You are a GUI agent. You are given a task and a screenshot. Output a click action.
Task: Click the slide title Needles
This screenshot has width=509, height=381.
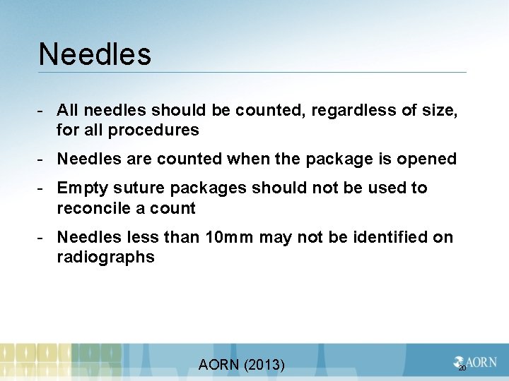[95, 54]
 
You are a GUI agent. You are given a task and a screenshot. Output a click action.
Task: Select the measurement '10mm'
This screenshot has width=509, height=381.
[229, 238]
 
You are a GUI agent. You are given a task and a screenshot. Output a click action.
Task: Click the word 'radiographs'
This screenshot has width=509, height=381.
[106, 258]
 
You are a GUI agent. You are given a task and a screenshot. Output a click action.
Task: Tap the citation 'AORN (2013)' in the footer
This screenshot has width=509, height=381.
[242, 365]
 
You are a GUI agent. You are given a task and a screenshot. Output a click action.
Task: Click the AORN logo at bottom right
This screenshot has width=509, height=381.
[475, 362]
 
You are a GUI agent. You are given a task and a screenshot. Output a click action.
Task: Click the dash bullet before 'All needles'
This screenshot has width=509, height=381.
[42, 110]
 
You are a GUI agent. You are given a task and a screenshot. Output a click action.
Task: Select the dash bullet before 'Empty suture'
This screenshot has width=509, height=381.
[42, 188]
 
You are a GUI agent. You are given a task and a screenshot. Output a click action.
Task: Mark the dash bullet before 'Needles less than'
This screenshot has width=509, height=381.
[42, 238]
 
